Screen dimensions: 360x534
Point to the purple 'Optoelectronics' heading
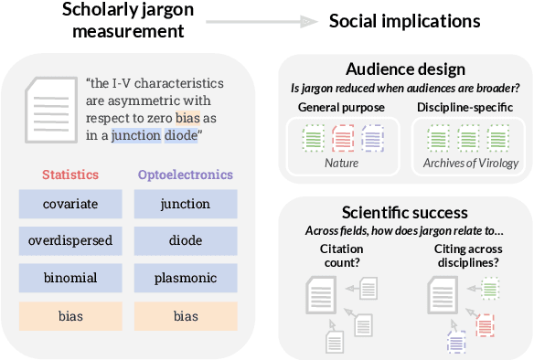click(x=186, y=175)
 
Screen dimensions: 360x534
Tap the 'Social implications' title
click(x=404, y=21)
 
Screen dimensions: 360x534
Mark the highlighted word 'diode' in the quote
click(x=182, y=136)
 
